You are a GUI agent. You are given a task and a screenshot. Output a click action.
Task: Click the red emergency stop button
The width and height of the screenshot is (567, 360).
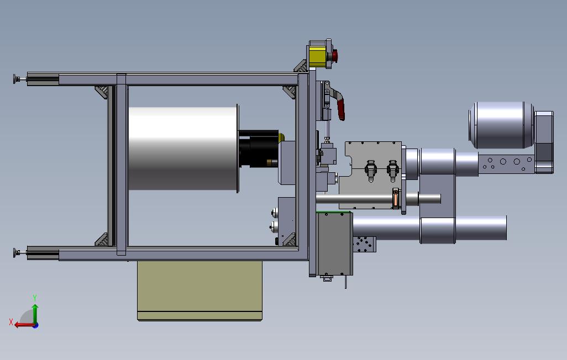[x=335, y=56]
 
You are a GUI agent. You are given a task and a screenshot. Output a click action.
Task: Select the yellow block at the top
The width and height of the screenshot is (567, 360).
[x=318, y=56]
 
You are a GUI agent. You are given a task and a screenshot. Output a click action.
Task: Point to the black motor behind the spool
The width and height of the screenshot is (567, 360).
[x=259, y=149]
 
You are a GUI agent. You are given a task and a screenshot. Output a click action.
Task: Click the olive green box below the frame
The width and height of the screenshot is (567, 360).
[x=200, y=290]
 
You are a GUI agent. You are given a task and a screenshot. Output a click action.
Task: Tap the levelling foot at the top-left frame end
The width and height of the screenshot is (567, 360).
[x=19, y=79]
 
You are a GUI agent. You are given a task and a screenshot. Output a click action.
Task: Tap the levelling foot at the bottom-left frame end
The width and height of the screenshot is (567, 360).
[x=19, y=253]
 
